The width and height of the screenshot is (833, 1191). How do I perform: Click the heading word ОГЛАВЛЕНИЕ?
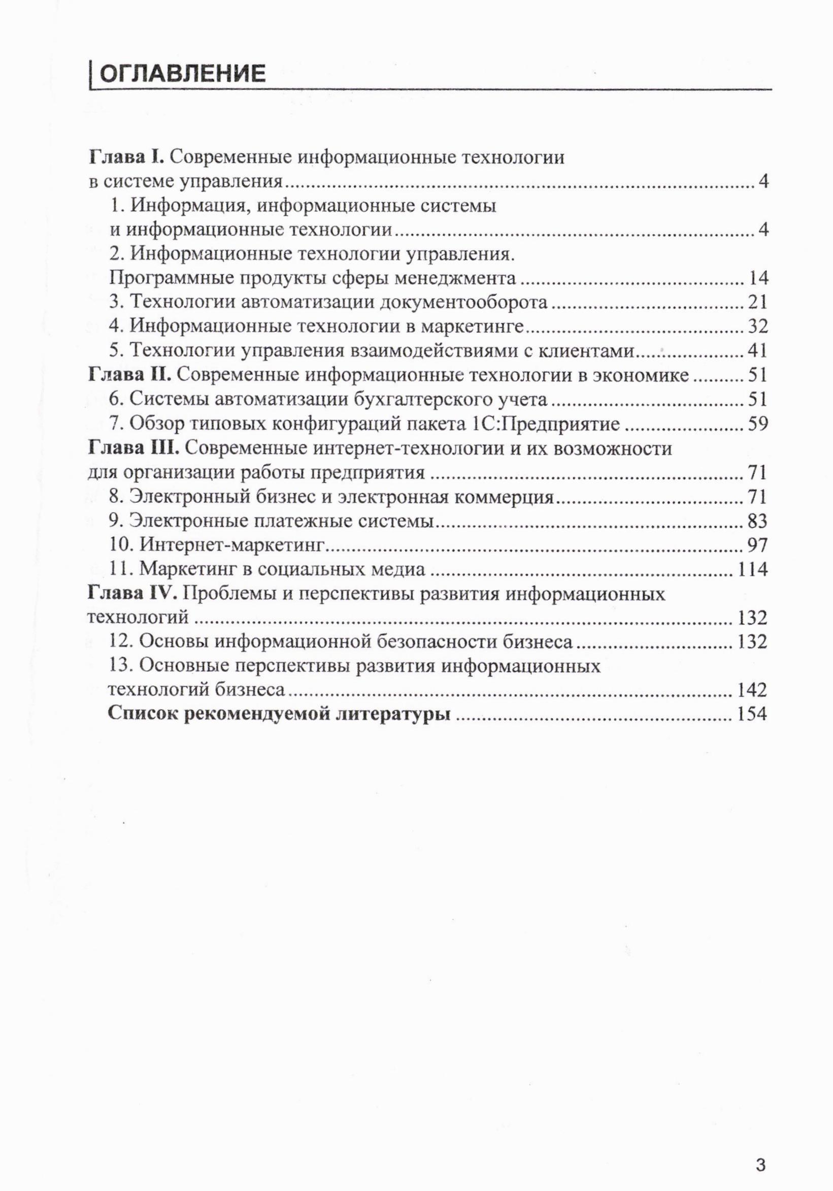click(x=182, y=74)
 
